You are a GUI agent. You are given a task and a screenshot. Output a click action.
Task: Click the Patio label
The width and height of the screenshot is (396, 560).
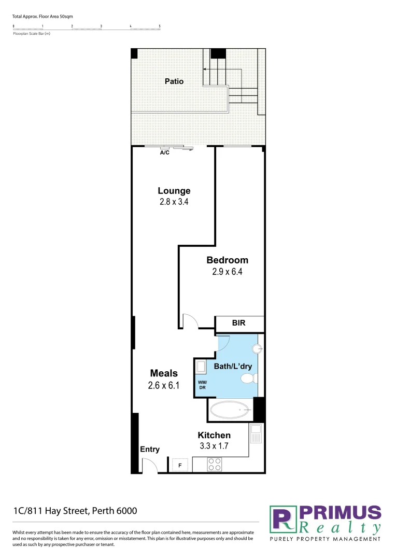pyautogui.click(x=174, y=81)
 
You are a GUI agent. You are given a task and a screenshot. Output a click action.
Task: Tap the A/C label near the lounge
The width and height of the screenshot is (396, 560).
pyautogui.click(x=164, y=153)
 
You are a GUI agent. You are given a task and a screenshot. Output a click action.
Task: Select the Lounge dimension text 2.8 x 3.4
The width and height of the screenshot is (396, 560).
pyautogui.click(x=174, y=202)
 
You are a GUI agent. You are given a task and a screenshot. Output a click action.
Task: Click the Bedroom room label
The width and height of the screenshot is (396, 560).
pyautogui.click(x=227, y=260)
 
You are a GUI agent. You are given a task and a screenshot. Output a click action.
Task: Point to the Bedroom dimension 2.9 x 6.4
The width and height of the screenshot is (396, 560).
pyautogui.click(x=227, y=272)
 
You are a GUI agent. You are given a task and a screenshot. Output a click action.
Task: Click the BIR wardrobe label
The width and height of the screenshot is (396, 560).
pyautogui.click(x=239, y=324)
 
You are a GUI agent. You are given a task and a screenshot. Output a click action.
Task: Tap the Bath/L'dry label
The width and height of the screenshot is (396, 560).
pyautogui.click(x=233, y=367)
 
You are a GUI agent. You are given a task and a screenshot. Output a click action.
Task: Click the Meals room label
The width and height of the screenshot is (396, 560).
pyautogui.click(x=164, y=373)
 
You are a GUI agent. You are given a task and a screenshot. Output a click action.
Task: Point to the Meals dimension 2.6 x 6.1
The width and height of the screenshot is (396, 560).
pyautogui.click(x=164, y=385)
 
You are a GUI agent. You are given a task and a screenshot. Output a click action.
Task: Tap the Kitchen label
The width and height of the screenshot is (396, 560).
pyautogui.click(x=214, y=435)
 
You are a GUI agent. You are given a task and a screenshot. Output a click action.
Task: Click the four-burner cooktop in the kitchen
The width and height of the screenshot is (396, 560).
pyautogui.click(x=215, y=464)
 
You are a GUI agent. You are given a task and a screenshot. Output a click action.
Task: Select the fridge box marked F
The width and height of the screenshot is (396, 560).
pyautogui.click(x=180, y=465)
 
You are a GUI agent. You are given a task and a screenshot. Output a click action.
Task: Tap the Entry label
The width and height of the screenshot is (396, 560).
pyautogui.click(x=150, y=450)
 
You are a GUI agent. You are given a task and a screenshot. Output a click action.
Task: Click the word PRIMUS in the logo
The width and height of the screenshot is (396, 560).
pyautogui.click(x=340, y=513)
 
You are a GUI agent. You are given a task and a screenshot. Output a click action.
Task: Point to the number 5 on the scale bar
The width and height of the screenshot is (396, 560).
pyautogui.click(x=160, y=26)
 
